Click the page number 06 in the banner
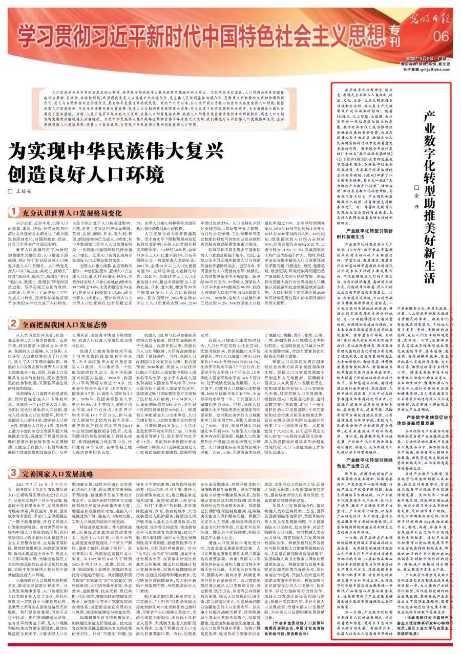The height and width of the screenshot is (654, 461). tap(442, 37)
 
